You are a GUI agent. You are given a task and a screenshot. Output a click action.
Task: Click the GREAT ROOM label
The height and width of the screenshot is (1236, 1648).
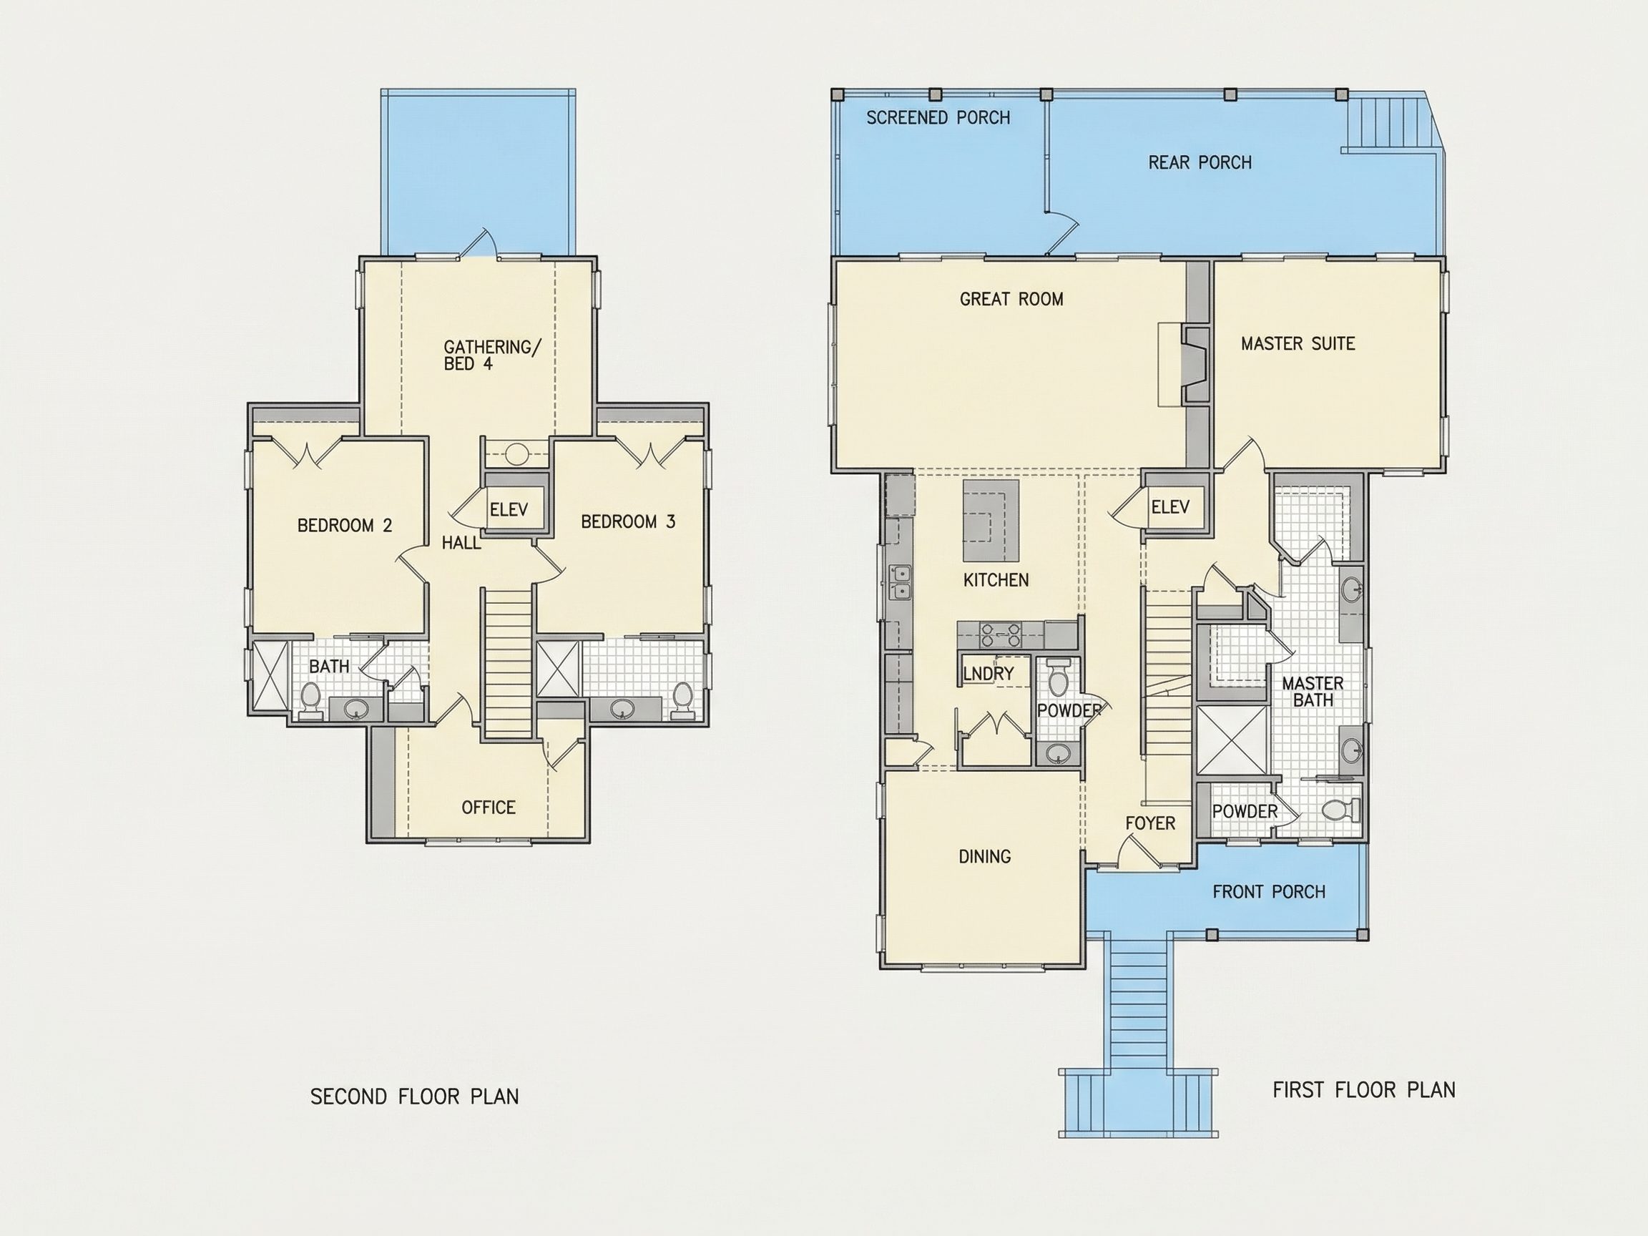[x=1011, y=299]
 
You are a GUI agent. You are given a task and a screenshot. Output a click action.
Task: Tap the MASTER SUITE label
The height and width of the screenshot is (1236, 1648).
[x=1298, y=343]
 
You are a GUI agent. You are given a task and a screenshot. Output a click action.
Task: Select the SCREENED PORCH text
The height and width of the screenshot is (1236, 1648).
[x=938, y=117]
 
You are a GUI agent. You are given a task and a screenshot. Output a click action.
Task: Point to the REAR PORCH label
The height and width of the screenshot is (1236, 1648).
[x=1200, y=162]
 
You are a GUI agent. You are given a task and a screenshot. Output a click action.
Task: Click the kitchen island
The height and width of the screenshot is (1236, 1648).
[x=991, y=521]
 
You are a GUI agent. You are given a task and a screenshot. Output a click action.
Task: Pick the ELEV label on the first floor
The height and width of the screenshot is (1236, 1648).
[x=1170, y=507]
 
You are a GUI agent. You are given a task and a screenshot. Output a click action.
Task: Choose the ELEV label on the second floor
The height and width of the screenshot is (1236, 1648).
[x=509, y=509]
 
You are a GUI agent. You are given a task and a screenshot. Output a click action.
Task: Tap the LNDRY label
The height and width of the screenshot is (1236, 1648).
[x=988, y=674]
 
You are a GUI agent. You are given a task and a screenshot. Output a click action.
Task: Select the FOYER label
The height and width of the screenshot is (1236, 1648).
[x=1150, y=823]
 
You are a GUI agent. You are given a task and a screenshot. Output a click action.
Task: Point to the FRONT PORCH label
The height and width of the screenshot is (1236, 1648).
[x=1269, y=892]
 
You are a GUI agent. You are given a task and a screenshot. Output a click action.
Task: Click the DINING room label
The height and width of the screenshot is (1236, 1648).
[x=984, y=857]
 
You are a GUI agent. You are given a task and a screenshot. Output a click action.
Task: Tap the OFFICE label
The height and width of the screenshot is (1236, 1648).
[x=488, y=808]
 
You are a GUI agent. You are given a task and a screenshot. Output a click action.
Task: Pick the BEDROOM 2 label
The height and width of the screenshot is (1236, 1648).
[x=344, y=526]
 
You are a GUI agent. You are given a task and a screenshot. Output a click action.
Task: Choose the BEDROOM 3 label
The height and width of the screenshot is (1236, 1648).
[x=628, y=521]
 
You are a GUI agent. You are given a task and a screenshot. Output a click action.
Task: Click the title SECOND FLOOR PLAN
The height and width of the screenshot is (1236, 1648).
[x=414, y=1097]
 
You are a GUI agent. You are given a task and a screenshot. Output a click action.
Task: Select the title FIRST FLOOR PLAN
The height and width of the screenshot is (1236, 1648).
[x=1363, y=1090]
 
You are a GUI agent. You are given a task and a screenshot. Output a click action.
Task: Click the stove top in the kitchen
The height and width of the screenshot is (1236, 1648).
[x=1000, y=634]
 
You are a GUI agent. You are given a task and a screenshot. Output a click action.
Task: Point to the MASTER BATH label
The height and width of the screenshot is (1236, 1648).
[x=1313, y=692]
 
